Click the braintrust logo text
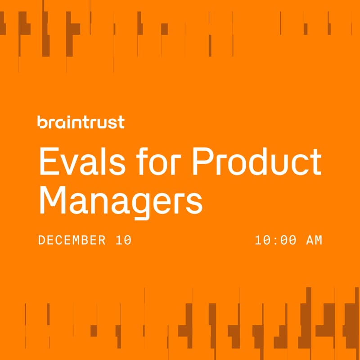[x=81, y=122]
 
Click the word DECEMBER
[x=72, y=240]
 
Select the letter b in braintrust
[x=42, y=122]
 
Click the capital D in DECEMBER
[x=42, y=240]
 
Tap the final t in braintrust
[x=121, y=123]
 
